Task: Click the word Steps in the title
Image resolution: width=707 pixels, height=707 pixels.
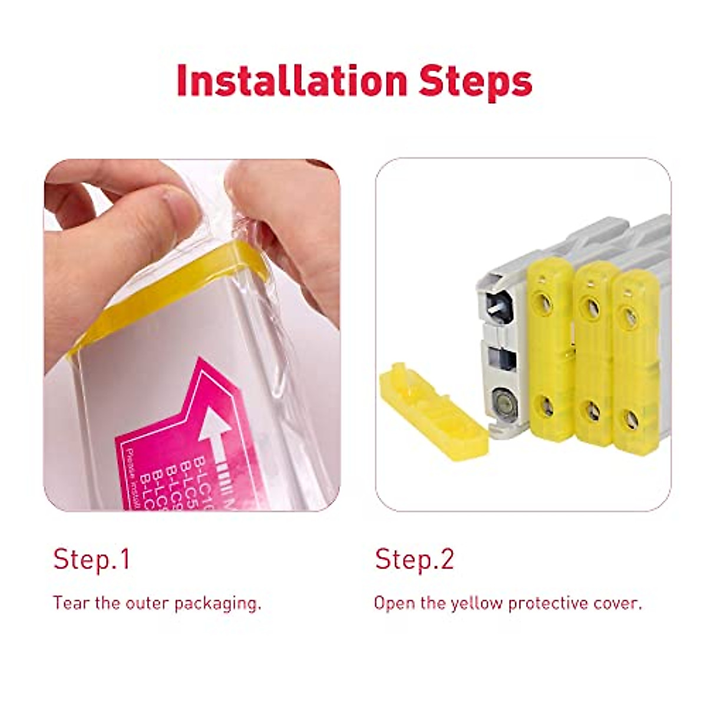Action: point(475,81)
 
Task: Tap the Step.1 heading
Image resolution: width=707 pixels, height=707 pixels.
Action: point(91,559)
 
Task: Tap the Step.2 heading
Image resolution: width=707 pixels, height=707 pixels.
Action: point(415,559)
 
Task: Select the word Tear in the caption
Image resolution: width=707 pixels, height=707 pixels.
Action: point(69,603)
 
